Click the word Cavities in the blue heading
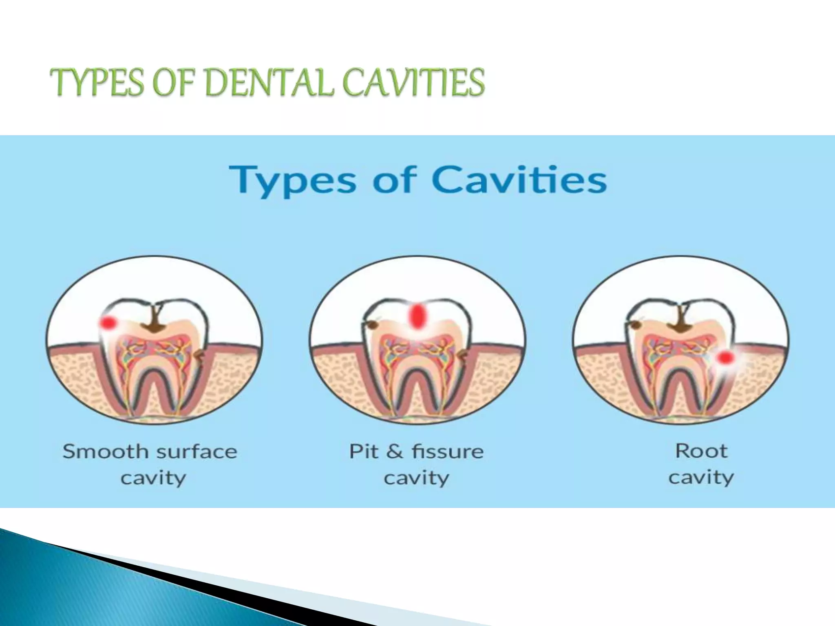click(x=519, y=180)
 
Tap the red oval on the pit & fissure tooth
click(x=417, y=316)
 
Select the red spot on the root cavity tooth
click(x=724, y=358)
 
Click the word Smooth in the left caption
click(x=105, y=452)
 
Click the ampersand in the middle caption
click(x=394, y=452)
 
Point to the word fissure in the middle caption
click(x=447, y=452)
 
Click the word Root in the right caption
click(x=701, y=451)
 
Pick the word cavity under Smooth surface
click(x=153, y=478)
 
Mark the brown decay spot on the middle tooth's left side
click(x=371, y=325)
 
